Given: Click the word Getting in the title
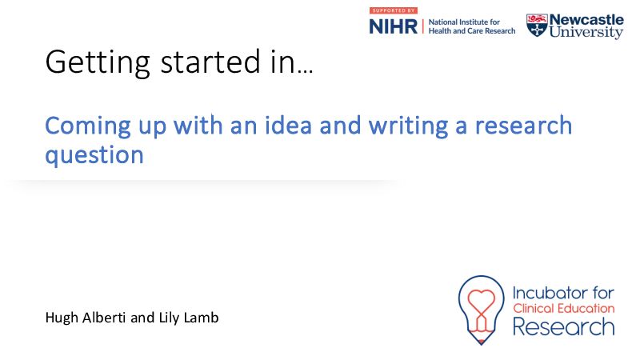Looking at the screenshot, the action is click(98, 62).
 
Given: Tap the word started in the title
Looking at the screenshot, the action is click(210, 62).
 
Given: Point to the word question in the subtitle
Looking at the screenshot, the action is click(94, 155).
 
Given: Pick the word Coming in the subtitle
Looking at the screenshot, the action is click(88, 126).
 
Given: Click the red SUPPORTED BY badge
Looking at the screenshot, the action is click(394, 10).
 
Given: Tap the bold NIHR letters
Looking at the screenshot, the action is click(394, 27).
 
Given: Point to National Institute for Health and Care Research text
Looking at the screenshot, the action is click(472, 26).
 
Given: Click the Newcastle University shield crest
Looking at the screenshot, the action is click(537, 26).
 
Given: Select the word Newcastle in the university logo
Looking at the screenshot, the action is click(586, 19).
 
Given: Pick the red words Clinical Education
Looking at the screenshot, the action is click(564, 308).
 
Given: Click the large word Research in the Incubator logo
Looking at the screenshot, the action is click(564, 327).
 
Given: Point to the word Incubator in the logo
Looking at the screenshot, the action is click(550, 293).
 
